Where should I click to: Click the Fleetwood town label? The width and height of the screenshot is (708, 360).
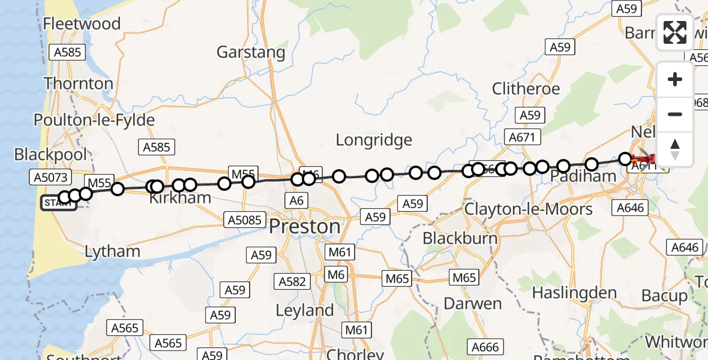(x=82, y=24)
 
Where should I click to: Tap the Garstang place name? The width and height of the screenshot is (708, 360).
(x=251, y=52)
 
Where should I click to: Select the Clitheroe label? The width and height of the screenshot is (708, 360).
(x=526, y=89)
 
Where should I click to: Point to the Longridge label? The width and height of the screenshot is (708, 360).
(x=374, y=140)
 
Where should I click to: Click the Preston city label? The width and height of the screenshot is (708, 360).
(x=304, y=227)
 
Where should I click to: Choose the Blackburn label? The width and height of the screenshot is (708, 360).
(x=460, y=238)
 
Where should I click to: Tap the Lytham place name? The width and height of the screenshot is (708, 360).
(x=112, y=251)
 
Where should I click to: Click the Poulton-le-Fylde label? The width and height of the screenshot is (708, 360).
(x=94, y=120)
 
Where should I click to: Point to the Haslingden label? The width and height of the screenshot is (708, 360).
(x=575, y=293)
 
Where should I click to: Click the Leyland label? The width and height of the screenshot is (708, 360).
(x=305, y=311)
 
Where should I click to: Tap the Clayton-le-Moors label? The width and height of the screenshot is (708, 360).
(x=520, y=209)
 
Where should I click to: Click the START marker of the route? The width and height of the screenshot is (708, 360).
(x=58, y=203)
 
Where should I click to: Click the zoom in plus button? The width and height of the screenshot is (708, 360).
(x=675, y=80)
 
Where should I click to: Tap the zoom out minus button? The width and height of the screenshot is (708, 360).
(x=675, y=115)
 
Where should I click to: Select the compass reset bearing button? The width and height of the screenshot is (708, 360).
(x=675, y=149)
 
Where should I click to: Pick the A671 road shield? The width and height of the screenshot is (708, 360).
(x=521, y=138)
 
